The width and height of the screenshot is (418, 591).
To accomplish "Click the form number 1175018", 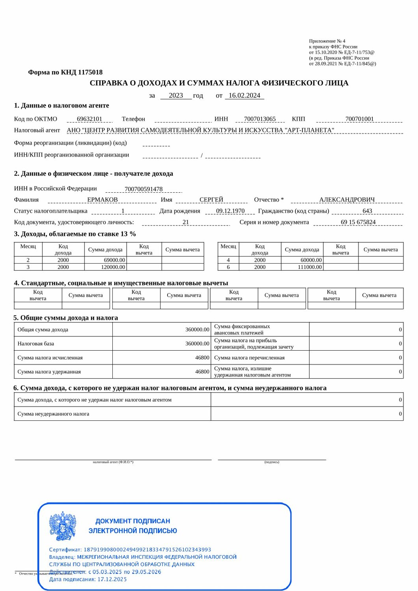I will click(90, 72).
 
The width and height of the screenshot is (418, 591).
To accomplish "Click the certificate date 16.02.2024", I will click(244, 95).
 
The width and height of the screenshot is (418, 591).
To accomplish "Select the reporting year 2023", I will click(176, 95).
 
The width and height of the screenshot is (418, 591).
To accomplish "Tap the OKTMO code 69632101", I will click(90, 119).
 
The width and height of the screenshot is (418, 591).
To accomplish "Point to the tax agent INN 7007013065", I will click(260, 119).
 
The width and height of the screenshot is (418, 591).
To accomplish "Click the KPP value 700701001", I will click(359, 119).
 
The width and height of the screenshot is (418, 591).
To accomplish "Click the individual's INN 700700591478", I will click(144, 189).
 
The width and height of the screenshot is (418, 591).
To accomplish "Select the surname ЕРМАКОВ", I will click(103, 200).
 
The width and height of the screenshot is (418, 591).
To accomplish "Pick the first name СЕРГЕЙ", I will click(211, 200).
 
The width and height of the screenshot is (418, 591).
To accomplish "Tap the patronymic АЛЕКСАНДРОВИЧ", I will click(347, 200).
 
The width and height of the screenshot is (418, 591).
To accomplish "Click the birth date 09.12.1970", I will click(230, 211).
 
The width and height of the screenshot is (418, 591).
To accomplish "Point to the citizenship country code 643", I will click(367, 211).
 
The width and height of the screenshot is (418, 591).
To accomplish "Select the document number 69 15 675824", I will click(358, 222).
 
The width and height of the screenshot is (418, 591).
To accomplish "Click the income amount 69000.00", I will click(114, 260).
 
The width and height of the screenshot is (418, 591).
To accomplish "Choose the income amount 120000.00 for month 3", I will click(113, 267).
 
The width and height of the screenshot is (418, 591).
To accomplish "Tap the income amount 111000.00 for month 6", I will click(310, 267).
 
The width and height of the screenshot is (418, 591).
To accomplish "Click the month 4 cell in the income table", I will click(228, 260).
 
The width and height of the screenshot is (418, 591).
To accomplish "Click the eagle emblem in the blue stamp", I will click(63, 526).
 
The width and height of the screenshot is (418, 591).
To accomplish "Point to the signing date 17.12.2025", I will click(112, 579).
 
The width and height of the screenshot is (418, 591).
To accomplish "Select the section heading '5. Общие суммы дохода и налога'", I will click(65, 318).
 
